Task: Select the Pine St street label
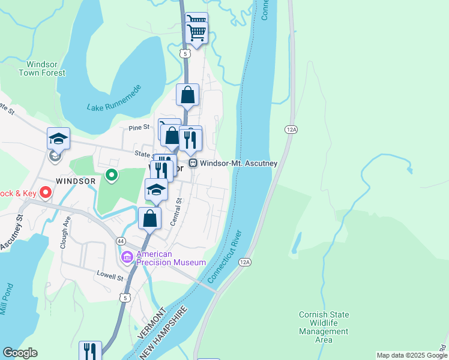pyautogui.click(x=139, y=127)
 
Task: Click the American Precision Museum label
pyautogui.click(x=171, y=258)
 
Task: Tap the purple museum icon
pyautogui.click(x=127, y=257)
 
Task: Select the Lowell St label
pyautogui.click(x=110, y=277)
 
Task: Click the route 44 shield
pyautogui.click(x=121, y=241)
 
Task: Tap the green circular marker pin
pyautogui.click(x=111, y=176)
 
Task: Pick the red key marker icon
pyautogui.click(x=45, y=193)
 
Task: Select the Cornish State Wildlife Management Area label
pyautogui.click(x=324, y=327)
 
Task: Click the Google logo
pyautogui.click(x=20, y=353)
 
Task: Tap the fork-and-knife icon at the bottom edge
pyautogui.click(x=90, y=350)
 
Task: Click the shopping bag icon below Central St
pyautogui.click(x=150, y=218)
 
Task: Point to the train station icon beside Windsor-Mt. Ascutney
pyautogui.click(x=193, y=163)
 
